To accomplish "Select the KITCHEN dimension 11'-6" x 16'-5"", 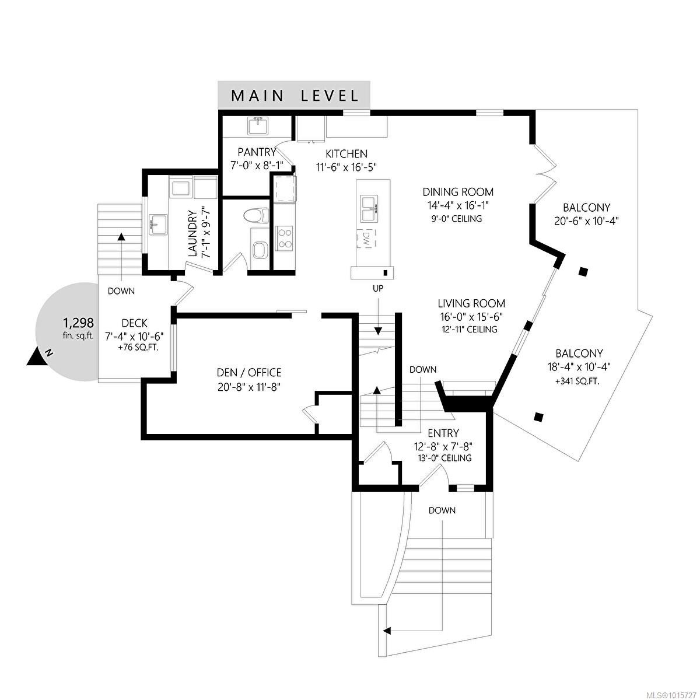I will pyautogui.click(x=346, y=166).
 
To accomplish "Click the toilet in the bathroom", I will pyautogui.click(x=257, y=215).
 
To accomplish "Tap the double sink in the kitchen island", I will pyautogui.click(x=369, y=208).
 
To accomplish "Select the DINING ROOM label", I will pyautogui.click(x=458, y=192).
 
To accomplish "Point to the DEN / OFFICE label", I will pyautogui.click(x=249, y=372).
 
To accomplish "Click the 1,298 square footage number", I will pyautogui.click(x=78, y=322).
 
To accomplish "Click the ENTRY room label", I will pyautogui.click(x=443, y=433).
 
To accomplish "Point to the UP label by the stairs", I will pyautogui.click(x=378, y=289).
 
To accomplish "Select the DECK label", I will pyautogui.click(x=134, y=323).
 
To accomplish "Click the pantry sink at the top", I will pyautogui.click(x=257, y=125).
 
